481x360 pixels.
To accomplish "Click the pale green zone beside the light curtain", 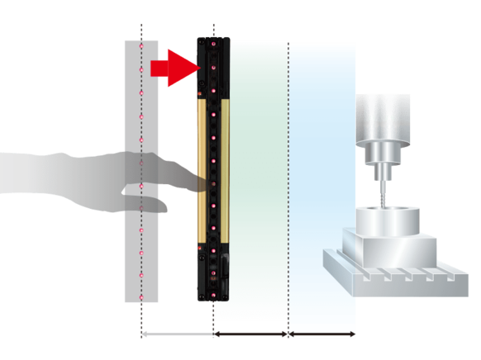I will (259, 165).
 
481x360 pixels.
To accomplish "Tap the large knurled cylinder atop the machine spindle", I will (383, 116).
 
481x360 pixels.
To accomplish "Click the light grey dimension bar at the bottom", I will (178, 334).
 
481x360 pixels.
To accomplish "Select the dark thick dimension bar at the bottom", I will (250, 334).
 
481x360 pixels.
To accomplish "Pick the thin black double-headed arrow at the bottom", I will (321, 334).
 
